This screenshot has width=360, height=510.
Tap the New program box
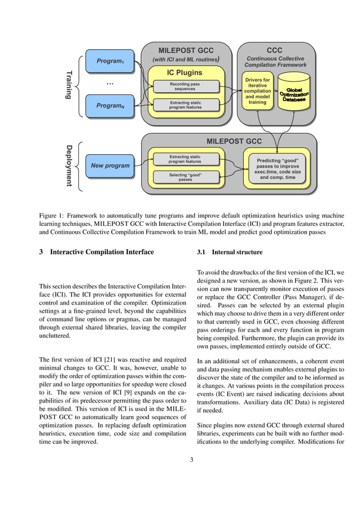click(x=110, y=165)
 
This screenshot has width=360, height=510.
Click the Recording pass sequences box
click(x=185, y=86)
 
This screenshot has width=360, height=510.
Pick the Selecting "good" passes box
click(x=185, y=177)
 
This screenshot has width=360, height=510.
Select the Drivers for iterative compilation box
click(x=257, y=91)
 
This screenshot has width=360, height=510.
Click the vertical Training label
click(x=69, y=85)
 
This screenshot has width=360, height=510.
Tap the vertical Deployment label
click(x=69, y=165)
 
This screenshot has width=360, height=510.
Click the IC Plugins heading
click(x=185, y=72)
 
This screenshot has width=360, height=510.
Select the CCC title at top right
click(x=275, y=50)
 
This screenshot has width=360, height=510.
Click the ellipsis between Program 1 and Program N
click(x=110, y=83)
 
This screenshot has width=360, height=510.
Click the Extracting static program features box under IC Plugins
click(x=185, y=104)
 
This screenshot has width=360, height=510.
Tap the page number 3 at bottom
click(x=191, y=459)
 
